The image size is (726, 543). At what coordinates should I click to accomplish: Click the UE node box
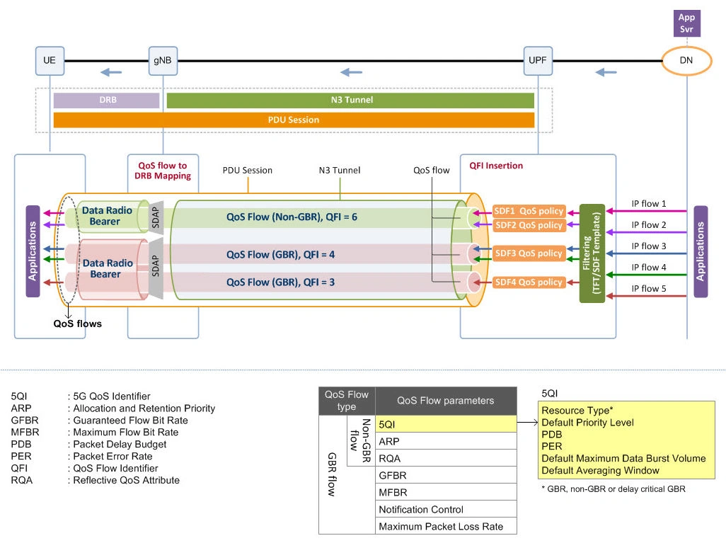pyautogui.click(x=49, y=60)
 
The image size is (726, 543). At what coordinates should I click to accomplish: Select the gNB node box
pyautogui.click(x=162, y=60)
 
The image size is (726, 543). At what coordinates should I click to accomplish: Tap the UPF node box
pyautogui.click(x=537, y=60)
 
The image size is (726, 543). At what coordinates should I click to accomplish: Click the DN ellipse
pyautogui.click(x=686, y=61)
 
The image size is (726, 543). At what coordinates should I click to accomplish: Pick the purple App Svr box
pyautogui.click(x=686, y=23)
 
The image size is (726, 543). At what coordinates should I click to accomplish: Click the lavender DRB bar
pyautogui.click(x=106, y=101)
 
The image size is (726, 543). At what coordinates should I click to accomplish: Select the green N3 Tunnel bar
pyautogui.click(x=350, y=101)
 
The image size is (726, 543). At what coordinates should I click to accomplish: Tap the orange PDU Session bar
pyautogui.click(x=294, y=120)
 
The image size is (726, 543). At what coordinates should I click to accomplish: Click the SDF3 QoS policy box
pyautogui.click(x=529, y=253)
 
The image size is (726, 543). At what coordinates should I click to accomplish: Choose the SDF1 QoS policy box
pyautogui.click(x=529, y=211)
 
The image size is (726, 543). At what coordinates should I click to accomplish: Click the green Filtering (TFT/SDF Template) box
pyautogui.click(x=592, y=253)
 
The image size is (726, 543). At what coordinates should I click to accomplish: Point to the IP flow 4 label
pyautogui.click(x=649, y=267)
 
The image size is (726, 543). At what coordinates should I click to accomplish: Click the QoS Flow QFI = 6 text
pyautogui.click(x=292, y=217)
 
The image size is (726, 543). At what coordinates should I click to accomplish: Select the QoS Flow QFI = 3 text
pyautogui.click(x=280, y=282)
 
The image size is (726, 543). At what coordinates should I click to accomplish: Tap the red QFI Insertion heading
pyautogui.click(x=496, y=166)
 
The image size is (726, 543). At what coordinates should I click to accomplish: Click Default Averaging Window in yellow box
pyautogui.click(x=600, y=470)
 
